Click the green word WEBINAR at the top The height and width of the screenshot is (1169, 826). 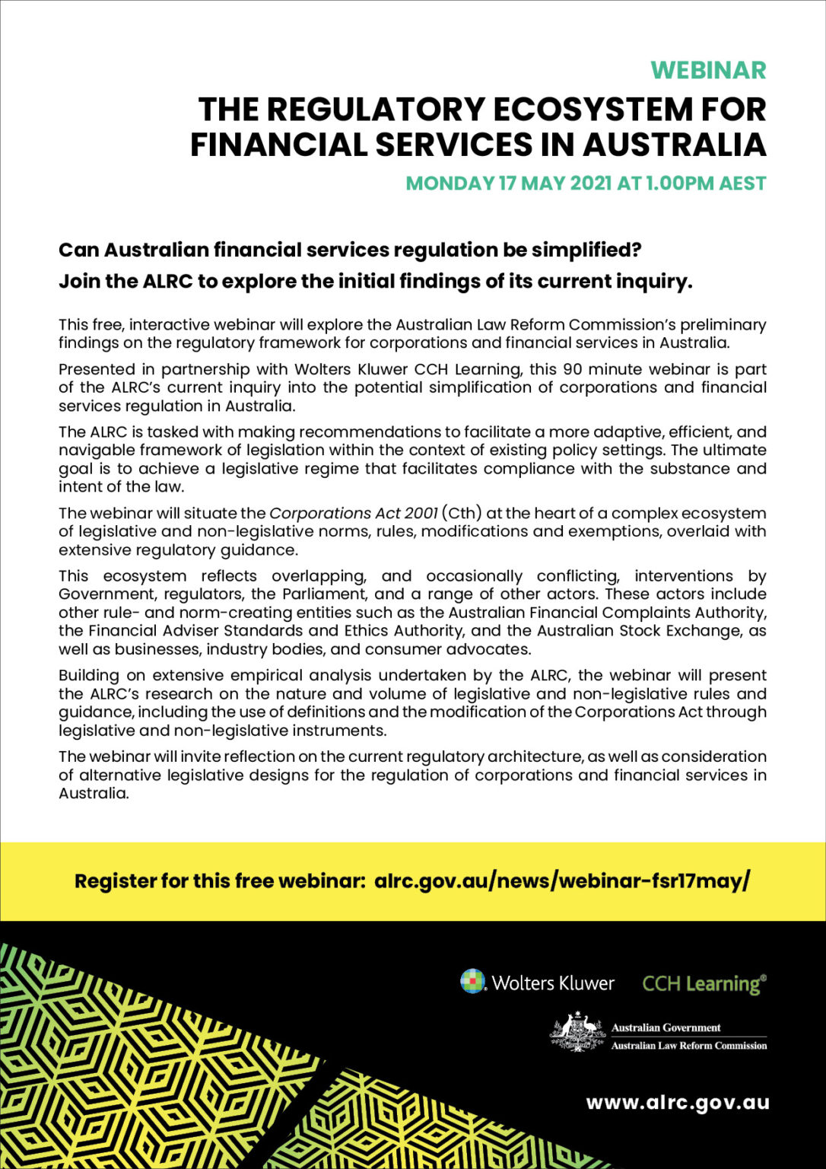tap(708, 70)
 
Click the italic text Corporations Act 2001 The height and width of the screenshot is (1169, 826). tap(354, 513)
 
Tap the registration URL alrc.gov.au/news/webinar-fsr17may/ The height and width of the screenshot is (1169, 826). tap(562, 881)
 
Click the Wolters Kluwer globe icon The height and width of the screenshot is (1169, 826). tap(473, 981)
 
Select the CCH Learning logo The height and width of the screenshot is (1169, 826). tap(704, 983)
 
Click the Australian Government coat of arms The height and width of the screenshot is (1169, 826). tap(577, 1034)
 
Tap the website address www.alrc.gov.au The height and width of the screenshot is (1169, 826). tap(677, 1102)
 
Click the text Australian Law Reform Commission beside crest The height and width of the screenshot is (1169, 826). tap(688, 1046)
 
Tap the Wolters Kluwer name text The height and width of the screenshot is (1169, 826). tap(553, 983)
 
